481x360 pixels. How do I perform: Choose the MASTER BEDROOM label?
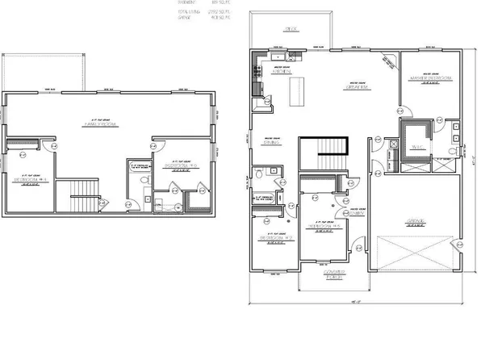(x=429, y=77)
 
